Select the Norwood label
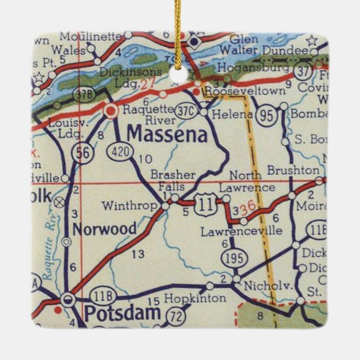104,229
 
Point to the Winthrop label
129,206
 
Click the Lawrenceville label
242,230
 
